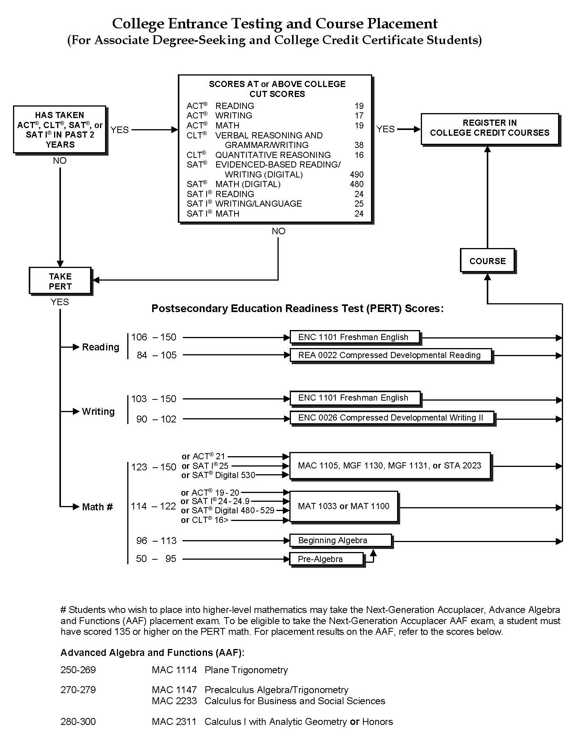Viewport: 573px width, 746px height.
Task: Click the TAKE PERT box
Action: click(x=60, y=281)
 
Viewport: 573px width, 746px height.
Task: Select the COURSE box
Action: click(x=487, y=261)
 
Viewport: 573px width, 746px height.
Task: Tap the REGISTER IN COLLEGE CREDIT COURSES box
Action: click(x=489, y=128)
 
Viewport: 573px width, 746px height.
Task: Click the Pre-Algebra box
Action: click(x=326, y=559)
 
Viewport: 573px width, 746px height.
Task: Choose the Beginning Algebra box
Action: click(x=340, y=540)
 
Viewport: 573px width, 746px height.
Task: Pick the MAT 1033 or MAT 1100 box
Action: click(x=343, y=506)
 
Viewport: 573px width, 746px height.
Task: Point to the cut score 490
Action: click(x=356, y=174)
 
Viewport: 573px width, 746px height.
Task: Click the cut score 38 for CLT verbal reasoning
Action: click(x=359, y=145)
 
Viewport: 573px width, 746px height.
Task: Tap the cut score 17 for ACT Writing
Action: click(x=359, y=115)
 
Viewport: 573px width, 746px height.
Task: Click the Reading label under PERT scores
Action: click(x=100, y=347)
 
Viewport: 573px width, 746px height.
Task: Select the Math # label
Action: click(x=97, y=507)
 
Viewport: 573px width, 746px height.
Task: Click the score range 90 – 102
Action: click(x=156, y=419)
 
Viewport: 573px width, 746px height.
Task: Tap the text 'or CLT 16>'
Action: click(x=205, y=520)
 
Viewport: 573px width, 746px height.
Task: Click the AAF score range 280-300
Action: click(x=78, y=721)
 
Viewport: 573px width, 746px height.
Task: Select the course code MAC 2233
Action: click(x=174, y=701)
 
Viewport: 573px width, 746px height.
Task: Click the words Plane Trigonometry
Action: click(x=246, y=670)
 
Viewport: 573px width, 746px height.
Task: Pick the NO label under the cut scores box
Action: click(x=278, y=231)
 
